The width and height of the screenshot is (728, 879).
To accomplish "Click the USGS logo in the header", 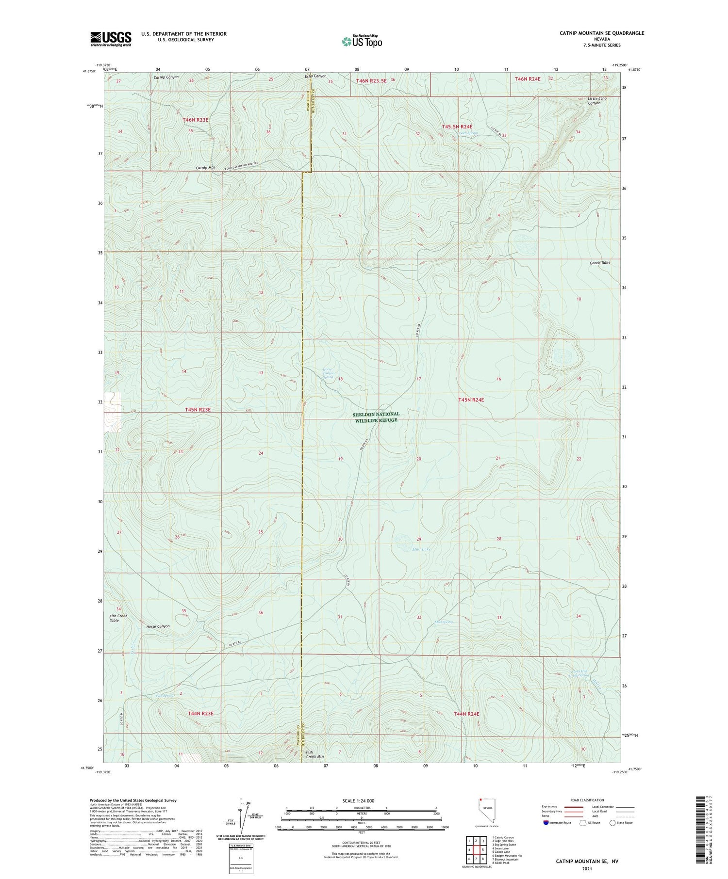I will [x=111, y=39].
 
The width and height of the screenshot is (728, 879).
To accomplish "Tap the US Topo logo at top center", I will [x=362, y=42].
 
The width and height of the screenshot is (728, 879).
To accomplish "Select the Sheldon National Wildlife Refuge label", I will [x=377, y=417].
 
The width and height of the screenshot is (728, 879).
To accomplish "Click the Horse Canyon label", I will [x=158, y=626].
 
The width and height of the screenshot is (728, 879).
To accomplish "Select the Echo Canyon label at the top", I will [x=315, y=76].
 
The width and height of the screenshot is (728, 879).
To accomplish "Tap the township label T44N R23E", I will [x=200, y=713].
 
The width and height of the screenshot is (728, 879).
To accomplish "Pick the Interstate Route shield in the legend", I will [x=546, y=823].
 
